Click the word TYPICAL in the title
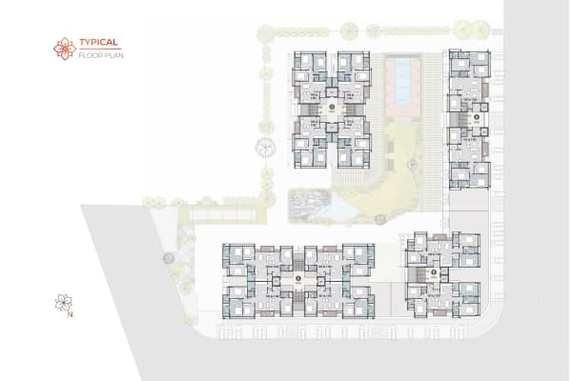pos(98,43)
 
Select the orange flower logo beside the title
pos(65,48)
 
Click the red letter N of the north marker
pos(71,315)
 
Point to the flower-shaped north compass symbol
pos(64,303)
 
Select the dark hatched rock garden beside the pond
pos(308,202)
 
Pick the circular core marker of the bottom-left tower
pos(298,278)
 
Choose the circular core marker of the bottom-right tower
pos(435,272)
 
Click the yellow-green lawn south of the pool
pos(381,171)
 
